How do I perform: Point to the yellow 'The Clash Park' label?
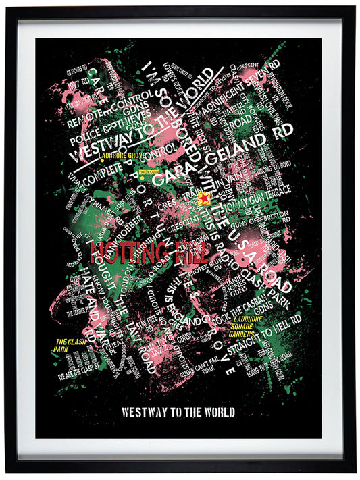pyautogui.click(x=68, y=345)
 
